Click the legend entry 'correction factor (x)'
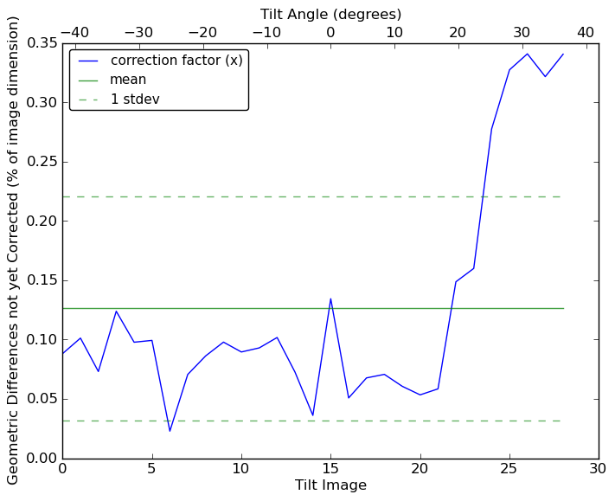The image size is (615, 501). click(176, 61)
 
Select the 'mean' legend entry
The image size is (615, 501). click(128, 80)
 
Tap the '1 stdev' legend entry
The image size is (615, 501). click(135, 99)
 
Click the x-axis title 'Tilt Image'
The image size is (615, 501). click(330, 485)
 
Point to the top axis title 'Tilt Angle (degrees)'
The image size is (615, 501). click(330, 14)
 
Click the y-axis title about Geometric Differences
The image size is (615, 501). click(14, 250)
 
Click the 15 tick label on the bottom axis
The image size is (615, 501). click(330, 469)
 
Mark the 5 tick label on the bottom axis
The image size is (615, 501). click(151, 469)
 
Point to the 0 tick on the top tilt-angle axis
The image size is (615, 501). click(330, 32)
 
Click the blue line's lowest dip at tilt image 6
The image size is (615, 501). click(170, 431)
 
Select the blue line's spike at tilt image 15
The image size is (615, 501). click(330, 299)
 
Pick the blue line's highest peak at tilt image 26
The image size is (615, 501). click(527, 54)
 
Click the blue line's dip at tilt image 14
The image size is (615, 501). click(312, 415)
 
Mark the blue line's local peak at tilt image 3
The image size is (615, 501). click(116, 311)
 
